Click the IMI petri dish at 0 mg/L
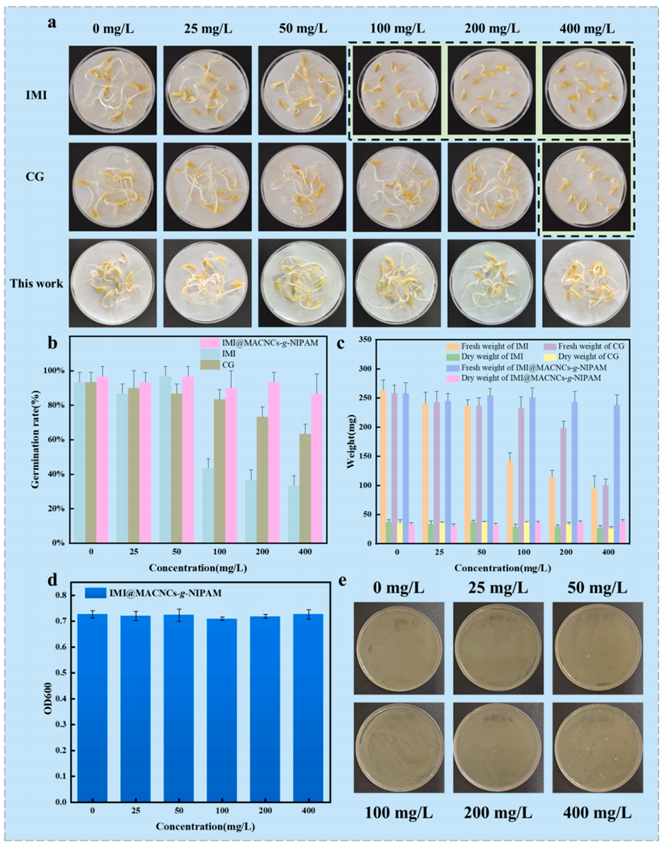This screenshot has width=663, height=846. [112, 89]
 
